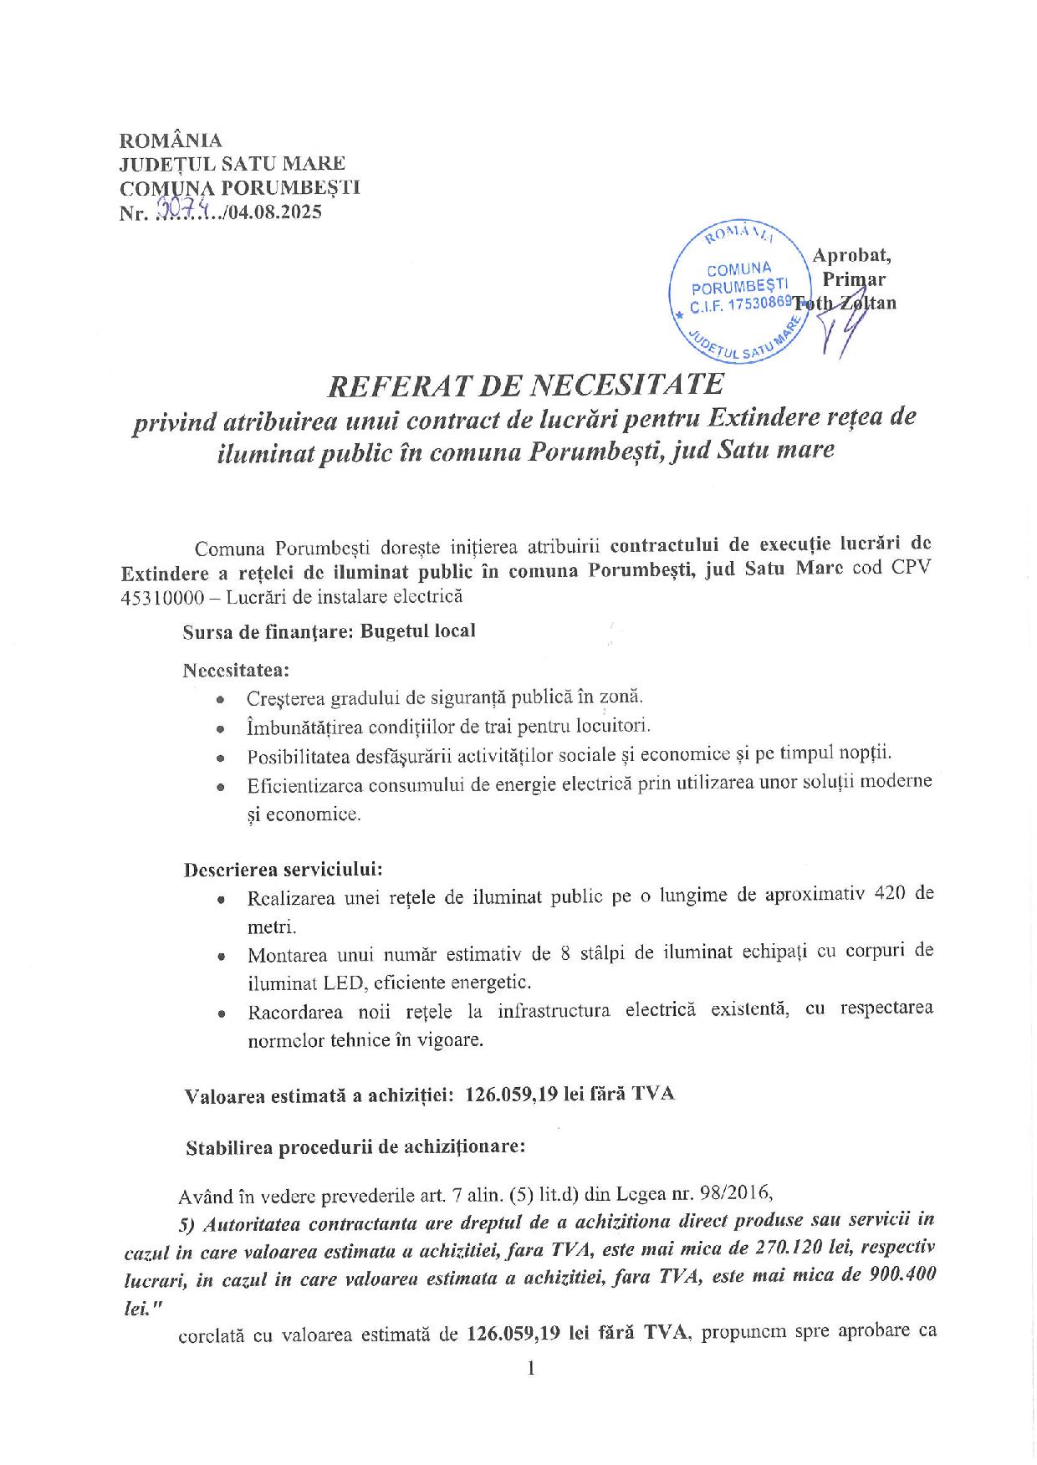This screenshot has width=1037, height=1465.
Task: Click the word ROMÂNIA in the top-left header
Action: click(x=171, y=140)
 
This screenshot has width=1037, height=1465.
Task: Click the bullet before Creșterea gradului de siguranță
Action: click(x=220, y=699)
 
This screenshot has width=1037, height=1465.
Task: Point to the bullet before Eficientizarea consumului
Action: click(x=220, y=787)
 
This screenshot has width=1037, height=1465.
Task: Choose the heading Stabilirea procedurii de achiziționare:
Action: click(x=355, y=1147)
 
